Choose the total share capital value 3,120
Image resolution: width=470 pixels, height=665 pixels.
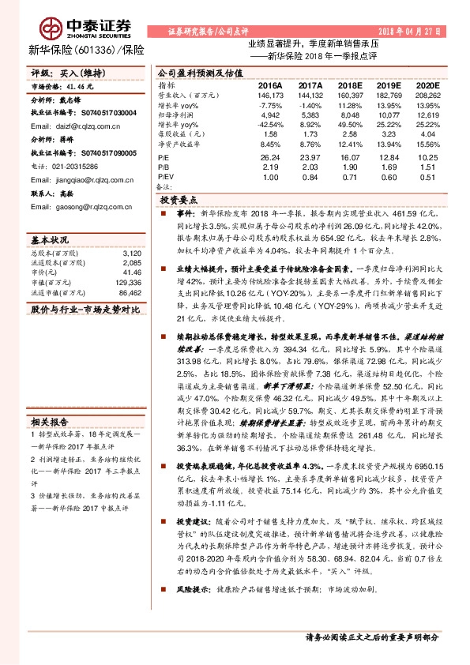[132, 253]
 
